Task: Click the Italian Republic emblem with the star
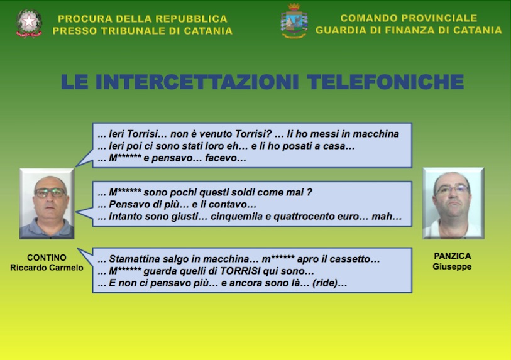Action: click(x=29, y=23)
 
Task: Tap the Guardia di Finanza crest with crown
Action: click(x=294, y=21)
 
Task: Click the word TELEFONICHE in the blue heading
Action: click(x=385, y=82)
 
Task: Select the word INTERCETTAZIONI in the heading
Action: click(x=197, y=82)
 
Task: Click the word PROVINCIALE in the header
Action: click(x=442, y=18)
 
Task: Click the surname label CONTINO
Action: click(x=47, y=258)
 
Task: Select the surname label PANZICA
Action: click(x=453, y=256)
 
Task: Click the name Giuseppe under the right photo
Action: click(x=452, y=266)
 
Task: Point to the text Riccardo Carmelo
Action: click(x=47, y=268)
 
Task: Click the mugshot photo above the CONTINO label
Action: click(x=47, y=204)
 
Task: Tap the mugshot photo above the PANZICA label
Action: click(x=453, y=204)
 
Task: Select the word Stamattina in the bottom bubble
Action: click(x=133, y=259)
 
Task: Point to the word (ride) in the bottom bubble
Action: click(x=324, y=283)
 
